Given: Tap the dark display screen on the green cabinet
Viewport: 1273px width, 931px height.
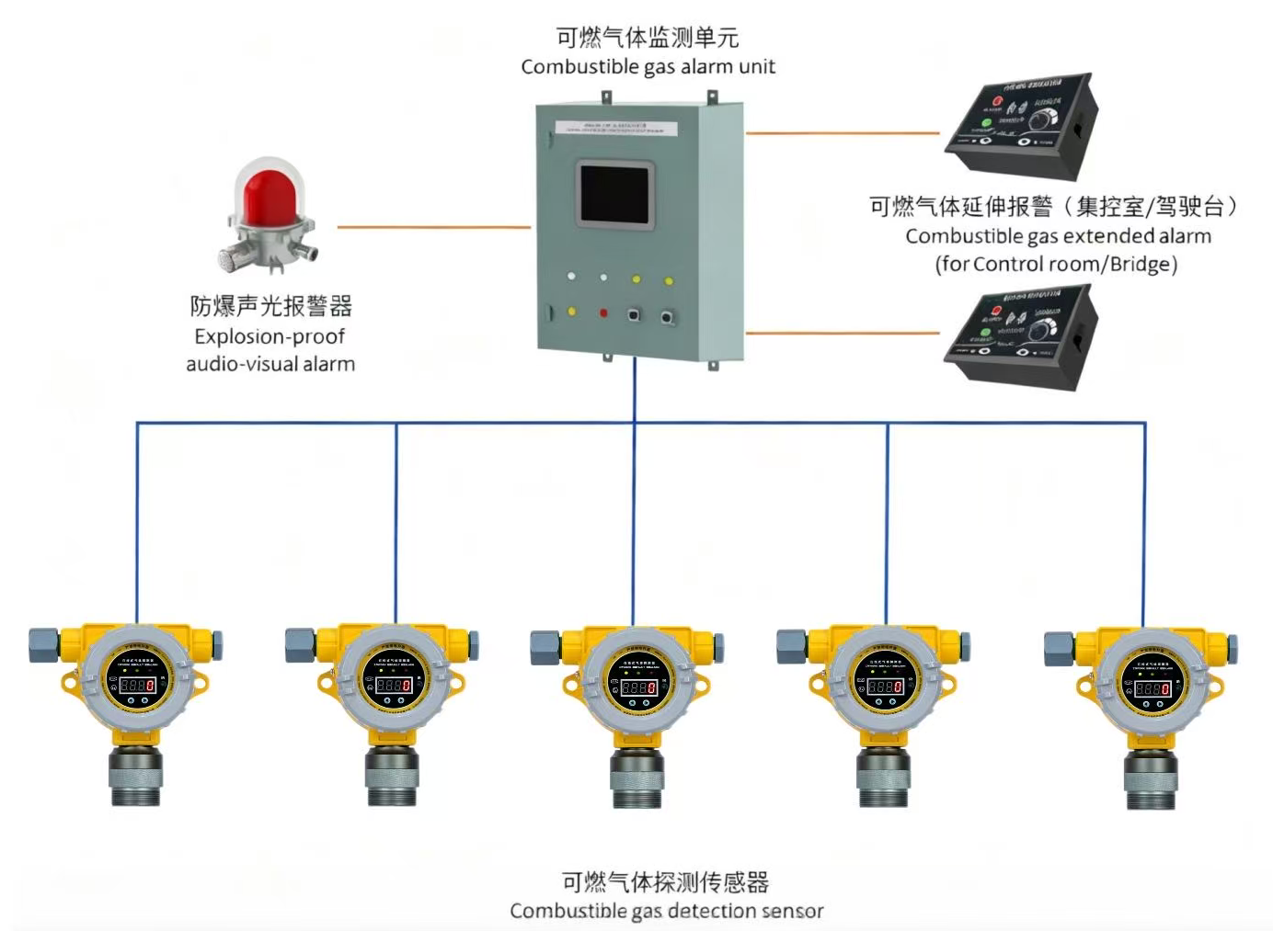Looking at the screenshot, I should (614, 194).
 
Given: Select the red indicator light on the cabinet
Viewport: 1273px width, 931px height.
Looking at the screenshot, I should (603, 313).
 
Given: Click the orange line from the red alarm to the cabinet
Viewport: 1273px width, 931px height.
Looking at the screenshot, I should (433, 227).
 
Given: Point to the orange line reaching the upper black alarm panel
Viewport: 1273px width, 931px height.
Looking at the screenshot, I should (842, 133).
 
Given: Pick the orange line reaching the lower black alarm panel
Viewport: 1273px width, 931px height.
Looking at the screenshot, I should (842, 333).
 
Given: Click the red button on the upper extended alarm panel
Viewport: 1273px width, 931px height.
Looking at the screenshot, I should (996, 100).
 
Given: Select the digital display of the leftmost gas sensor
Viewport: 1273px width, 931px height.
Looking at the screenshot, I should (137, 685).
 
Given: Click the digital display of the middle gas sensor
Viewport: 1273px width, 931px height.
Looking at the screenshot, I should (638, 687).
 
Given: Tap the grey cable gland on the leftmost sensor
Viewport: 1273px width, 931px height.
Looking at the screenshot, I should (43, 644).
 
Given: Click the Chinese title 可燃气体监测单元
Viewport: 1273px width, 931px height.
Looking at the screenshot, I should (648, 38).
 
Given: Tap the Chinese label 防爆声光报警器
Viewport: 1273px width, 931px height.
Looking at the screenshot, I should (271, 306).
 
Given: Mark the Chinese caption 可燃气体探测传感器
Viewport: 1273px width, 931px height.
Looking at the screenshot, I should (665, 882).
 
